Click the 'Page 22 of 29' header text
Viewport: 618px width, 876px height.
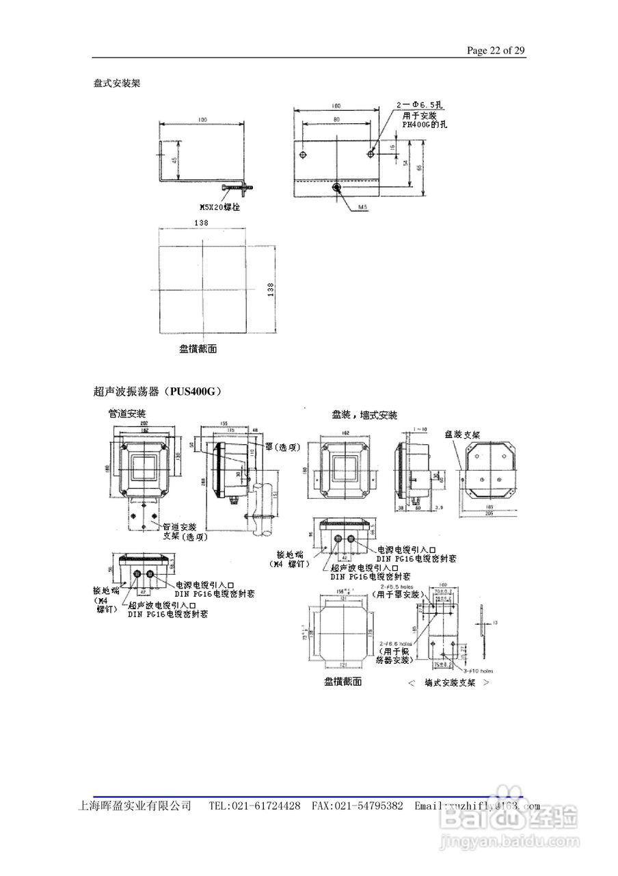click(496, 51)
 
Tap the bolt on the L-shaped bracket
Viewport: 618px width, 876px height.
click(236, 186)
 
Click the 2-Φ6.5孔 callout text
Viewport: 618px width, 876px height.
click(420, 105)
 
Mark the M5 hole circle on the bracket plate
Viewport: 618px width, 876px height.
click(336, 187)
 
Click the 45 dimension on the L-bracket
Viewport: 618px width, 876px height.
click(174, 162)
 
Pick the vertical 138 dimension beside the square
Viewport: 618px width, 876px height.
click(271, 289)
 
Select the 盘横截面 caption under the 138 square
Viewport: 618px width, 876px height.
click(198, 349)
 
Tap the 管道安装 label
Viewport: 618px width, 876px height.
click(127, 413)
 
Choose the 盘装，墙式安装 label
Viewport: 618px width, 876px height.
click(364, 415)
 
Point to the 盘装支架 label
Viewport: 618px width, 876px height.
click(462, 434)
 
